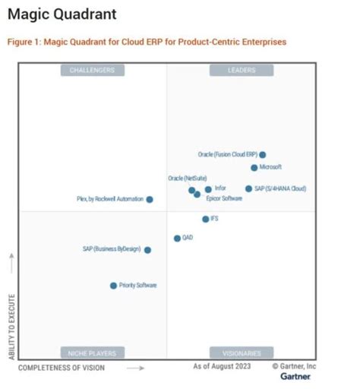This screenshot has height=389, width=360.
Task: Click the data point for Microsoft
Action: (x=254, y=167)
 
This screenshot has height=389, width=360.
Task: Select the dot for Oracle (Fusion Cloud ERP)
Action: (x=263, y=155)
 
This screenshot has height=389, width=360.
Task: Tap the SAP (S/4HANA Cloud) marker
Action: (x=248, y=188)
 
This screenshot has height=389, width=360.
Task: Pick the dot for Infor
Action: (x=208, y=189)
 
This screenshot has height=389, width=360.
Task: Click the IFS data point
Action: (x=206, y=219)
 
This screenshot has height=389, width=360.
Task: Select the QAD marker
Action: (x=177, y=238)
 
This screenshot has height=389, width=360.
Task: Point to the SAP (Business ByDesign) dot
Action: (x=147, y=249)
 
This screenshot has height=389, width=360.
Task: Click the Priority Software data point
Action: (x=113, y=286)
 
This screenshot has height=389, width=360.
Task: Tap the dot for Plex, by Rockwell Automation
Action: (x=150, y=199)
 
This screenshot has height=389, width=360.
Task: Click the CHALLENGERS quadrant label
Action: (x=92, y=71)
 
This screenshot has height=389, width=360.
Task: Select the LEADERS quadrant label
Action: (x=242, y=71)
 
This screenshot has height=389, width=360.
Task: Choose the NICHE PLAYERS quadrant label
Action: (x=92, y=353)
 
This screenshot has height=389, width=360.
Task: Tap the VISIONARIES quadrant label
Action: (x=242, y=353)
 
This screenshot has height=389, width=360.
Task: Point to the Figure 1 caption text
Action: (x=147, y=43)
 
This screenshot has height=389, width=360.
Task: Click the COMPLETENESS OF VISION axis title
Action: (x=62, y=368)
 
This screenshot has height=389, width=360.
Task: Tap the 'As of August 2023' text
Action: (x=221, y=367)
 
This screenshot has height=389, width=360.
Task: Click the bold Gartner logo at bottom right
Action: (x=295, y=377)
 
